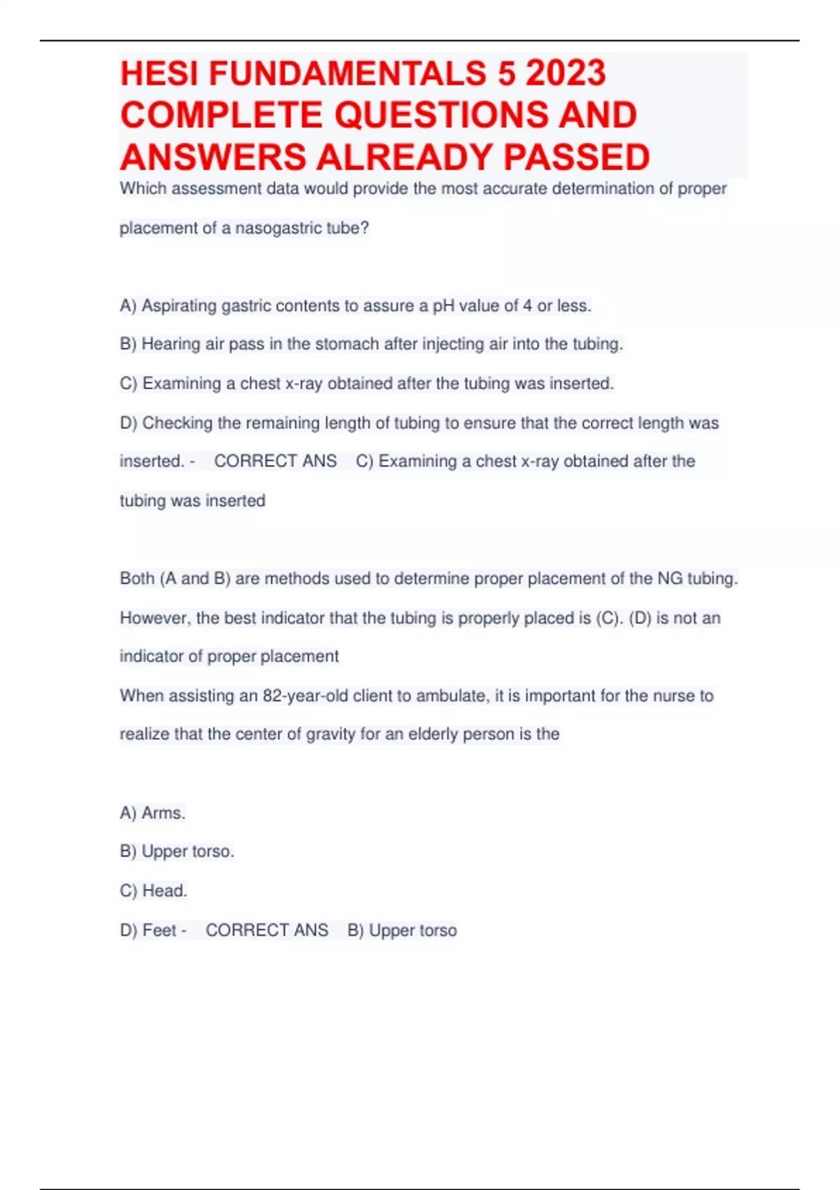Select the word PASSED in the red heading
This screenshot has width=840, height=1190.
(x=577, y=157)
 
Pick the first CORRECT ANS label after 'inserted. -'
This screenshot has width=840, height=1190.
(x=275, y=461)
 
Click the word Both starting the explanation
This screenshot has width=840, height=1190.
(x=137, y=579)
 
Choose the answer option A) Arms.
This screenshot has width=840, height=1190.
(x=153, y=813)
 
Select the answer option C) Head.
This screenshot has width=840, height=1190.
(x=153, y=891)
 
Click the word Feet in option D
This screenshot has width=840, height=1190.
(x=160, y=930)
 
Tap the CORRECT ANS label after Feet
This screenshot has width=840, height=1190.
(x=267, y=930)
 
